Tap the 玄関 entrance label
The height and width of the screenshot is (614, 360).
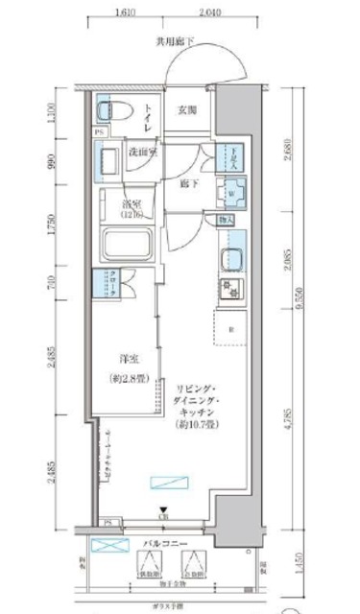pos(187,110)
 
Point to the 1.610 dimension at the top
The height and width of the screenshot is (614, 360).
pos(122,14)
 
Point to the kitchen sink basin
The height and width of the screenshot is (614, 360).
pos(230,261)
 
